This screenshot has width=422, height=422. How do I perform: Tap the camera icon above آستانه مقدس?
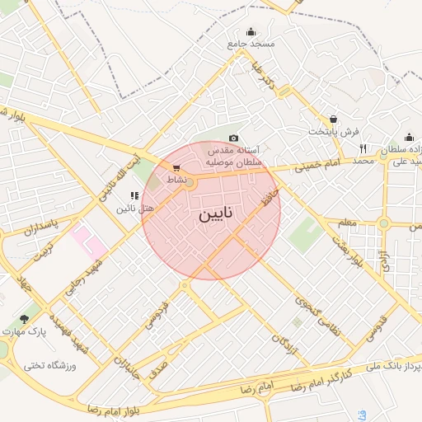[x=233, y=138]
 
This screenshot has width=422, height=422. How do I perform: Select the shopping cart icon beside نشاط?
[x=176, y=168]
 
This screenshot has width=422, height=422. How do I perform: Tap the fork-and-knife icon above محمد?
[x=363, y=148]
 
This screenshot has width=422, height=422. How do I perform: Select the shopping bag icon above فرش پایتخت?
[x=333, y=120]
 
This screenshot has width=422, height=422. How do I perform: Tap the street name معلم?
[x=346, y=223]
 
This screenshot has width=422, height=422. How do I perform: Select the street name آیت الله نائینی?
[x=115, y=178]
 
